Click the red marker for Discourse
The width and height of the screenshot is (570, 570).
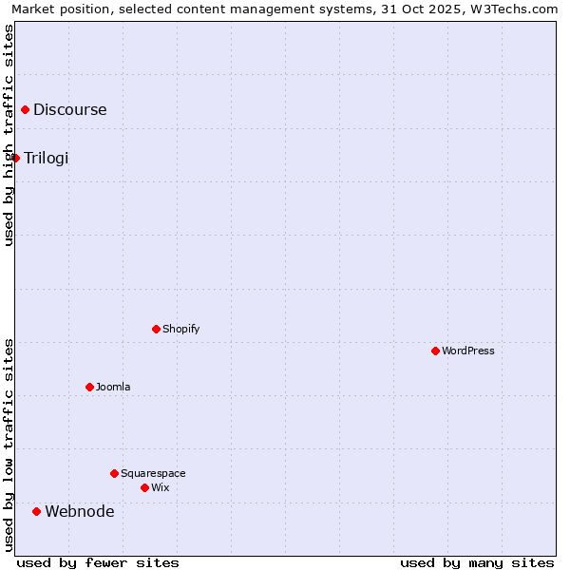(x=25, y=110)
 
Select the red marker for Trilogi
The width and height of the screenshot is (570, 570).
(x=16, y=158)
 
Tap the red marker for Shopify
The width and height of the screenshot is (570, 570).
(x=156, y=329)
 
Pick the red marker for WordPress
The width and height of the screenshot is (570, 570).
(x=435, y=351)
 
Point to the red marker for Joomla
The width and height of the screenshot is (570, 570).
(x=89, y=387)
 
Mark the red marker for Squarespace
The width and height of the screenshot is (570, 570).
(x=114, y=473)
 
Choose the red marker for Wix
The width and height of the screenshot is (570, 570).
(x=144, y=487)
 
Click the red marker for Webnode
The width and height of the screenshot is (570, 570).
(x=36, y=511)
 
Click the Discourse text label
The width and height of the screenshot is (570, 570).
(x=70, y=109)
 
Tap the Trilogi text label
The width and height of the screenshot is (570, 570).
(x=47, y=158)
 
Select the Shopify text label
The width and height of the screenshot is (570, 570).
(x=180, y=329)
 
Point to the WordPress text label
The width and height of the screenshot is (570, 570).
(x=467, y=351)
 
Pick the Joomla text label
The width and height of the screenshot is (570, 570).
(x=113, y=387)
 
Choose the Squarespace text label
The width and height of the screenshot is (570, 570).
(x=153, y=473)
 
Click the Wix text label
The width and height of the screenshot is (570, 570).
(x=160, y=487)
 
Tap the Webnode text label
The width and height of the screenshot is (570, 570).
(x=80, y=511)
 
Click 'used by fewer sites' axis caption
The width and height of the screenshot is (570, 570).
(x=98, y=562)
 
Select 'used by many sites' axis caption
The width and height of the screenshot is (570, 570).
(x=477, y=562)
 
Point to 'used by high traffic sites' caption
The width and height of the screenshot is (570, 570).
(x=9, y=135)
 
